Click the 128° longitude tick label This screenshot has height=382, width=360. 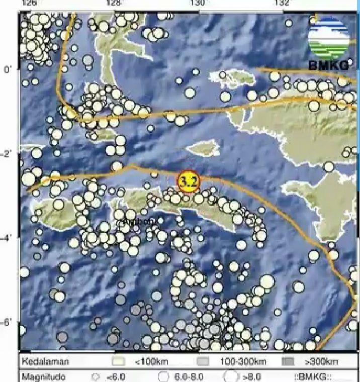click(115, 3)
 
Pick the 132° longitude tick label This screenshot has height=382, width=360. click(283, 3)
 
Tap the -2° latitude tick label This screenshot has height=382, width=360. click(7, 153)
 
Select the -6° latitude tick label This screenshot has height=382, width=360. click(7, 322)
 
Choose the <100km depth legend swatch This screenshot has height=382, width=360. click(119, 361)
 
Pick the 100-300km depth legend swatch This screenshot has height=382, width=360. click(203, 361)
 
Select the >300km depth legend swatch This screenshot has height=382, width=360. click(288, 361)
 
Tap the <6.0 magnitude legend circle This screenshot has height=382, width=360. click(96, 375)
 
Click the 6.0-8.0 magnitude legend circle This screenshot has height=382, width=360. click(163, 375)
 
